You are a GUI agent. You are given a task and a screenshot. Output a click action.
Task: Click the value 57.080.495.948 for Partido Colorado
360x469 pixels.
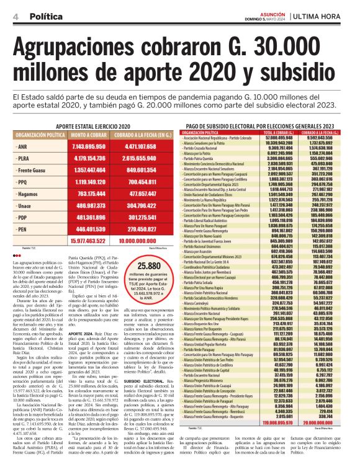(x=280, y=138)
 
